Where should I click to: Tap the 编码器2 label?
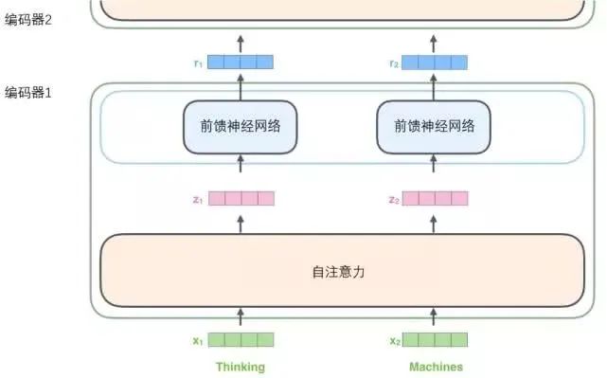[x=28, y=19]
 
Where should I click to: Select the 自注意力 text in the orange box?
[x=338, y=272]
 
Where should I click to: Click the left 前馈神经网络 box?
[x=241, y=126]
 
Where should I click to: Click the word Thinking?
[x=241, y=367]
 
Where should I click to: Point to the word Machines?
[x=436, y=367]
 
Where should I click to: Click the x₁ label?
[x=197, y=340]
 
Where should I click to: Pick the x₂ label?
[x=393, y=340]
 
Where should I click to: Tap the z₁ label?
[x=197, y=200]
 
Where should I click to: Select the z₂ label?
[x=393, y=200]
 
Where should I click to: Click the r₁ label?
[x=197, y=63]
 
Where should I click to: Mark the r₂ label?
[x=393, y=63]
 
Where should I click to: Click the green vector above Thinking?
[x=241, y=339]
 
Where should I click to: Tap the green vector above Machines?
[x=436, y=339]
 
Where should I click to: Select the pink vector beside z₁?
[x=241, y=199]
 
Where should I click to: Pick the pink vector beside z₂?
[x=436, y=199]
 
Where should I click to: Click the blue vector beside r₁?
[x=241, y=63]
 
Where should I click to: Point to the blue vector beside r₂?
[x=436, y=63]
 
